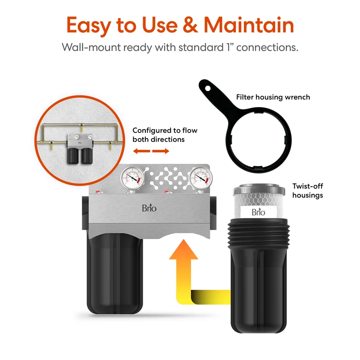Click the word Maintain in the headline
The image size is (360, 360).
click(x=249, y=25)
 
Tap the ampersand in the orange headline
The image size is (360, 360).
click(x=190, y=25)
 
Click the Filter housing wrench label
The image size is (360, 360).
click(x=273, y=97)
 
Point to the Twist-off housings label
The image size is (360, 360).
click(x=308, y=190)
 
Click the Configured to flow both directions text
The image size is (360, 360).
click(x=165, y=135)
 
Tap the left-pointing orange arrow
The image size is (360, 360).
click(x=142, y=151)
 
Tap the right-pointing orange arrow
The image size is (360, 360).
click(x=161, y=151)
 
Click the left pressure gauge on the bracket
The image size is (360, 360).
click(x=132, y=178)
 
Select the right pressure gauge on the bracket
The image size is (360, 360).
click(x=201, y=178)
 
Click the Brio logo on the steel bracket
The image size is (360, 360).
click(x=149, y=208)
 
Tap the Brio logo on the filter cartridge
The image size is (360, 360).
click(x=258, y=211)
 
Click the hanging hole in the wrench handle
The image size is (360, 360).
click(x=208, y=88)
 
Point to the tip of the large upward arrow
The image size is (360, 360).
click(x=184, y=239)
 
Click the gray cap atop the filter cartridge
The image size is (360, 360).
click(x=259, y=189)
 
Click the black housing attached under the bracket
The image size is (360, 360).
click(x=115, y=273)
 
